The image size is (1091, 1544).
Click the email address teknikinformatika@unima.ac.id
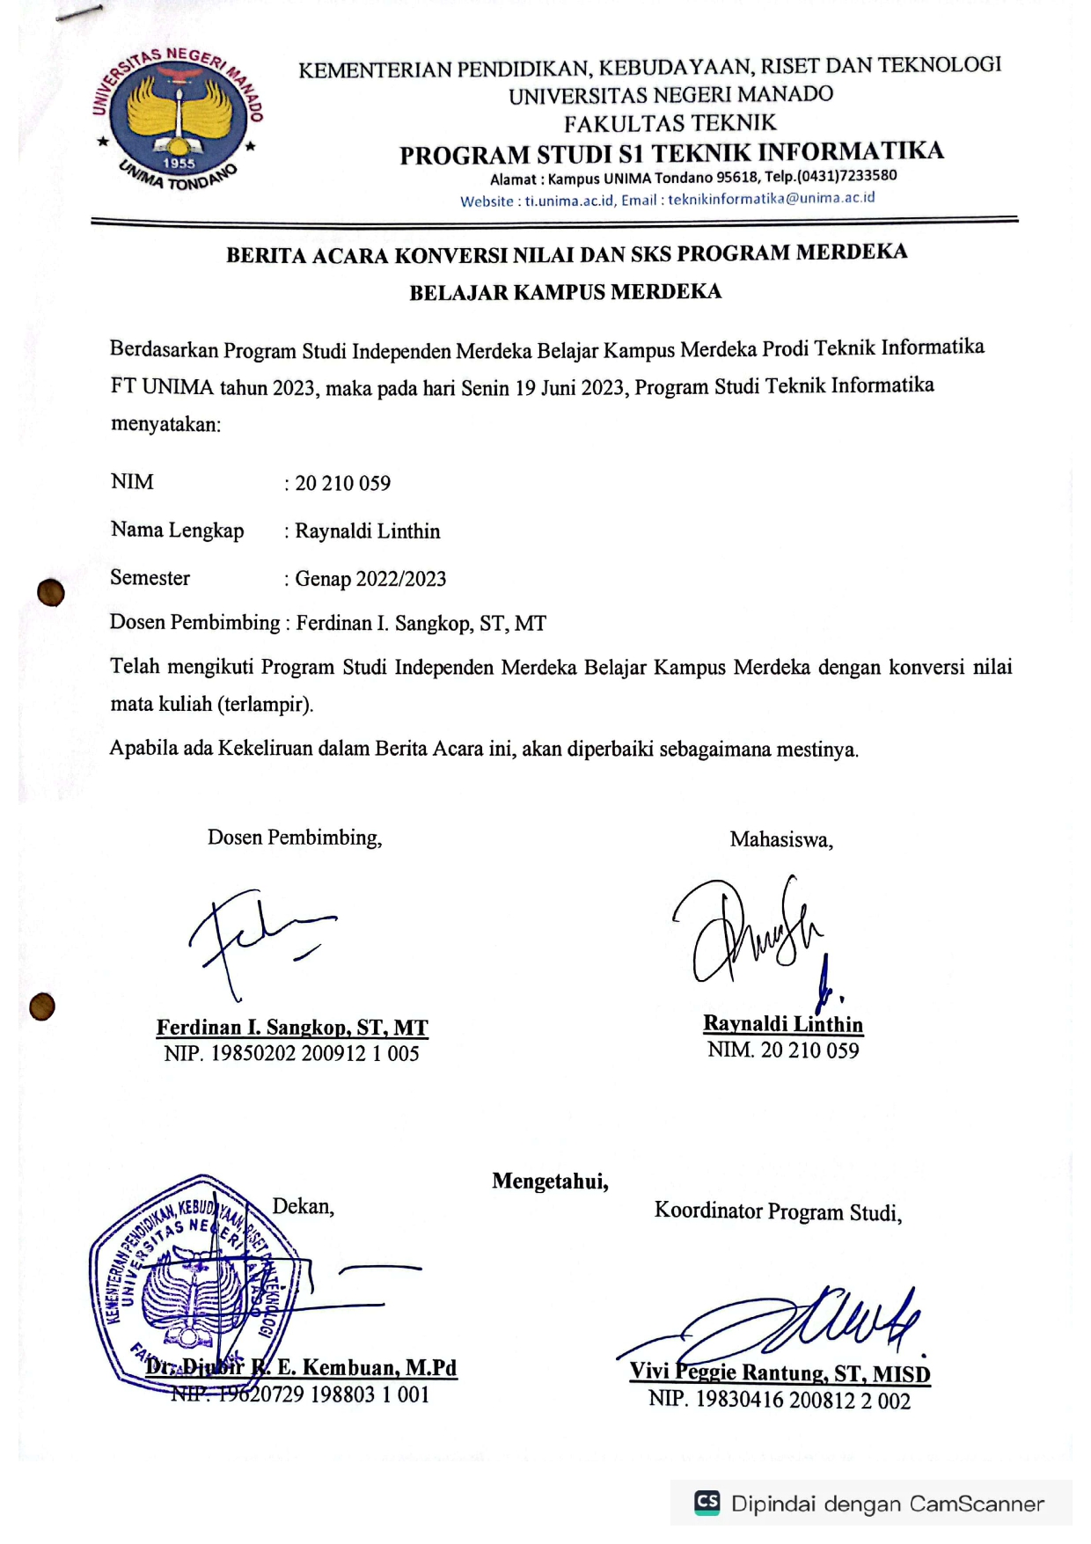click(x=771, y=199)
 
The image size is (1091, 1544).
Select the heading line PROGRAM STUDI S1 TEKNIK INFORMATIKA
click(x=671, y=153)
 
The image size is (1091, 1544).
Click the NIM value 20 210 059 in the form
click(x=342, y=483)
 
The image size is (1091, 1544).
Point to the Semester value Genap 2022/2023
click(x=370, y=579)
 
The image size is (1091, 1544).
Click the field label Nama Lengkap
click(x=177, y=531)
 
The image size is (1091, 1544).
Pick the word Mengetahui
click(x=550, y=1181)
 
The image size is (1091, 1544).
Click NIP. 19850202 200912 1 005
click(x=291, y=1053)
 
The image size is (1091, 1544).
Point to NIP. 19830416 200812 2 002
click(x=779, y=1400)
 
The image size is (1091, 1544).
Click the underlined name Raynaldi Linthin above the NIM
click(x=782, y=1024)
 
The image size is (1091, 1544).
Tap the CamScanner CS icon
click(x=707, y=1503)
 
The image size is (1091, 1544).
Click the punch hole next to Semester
click(x=51, y=593)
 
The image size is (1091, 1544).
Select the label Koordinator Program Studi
click(x=778, y=1211)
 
